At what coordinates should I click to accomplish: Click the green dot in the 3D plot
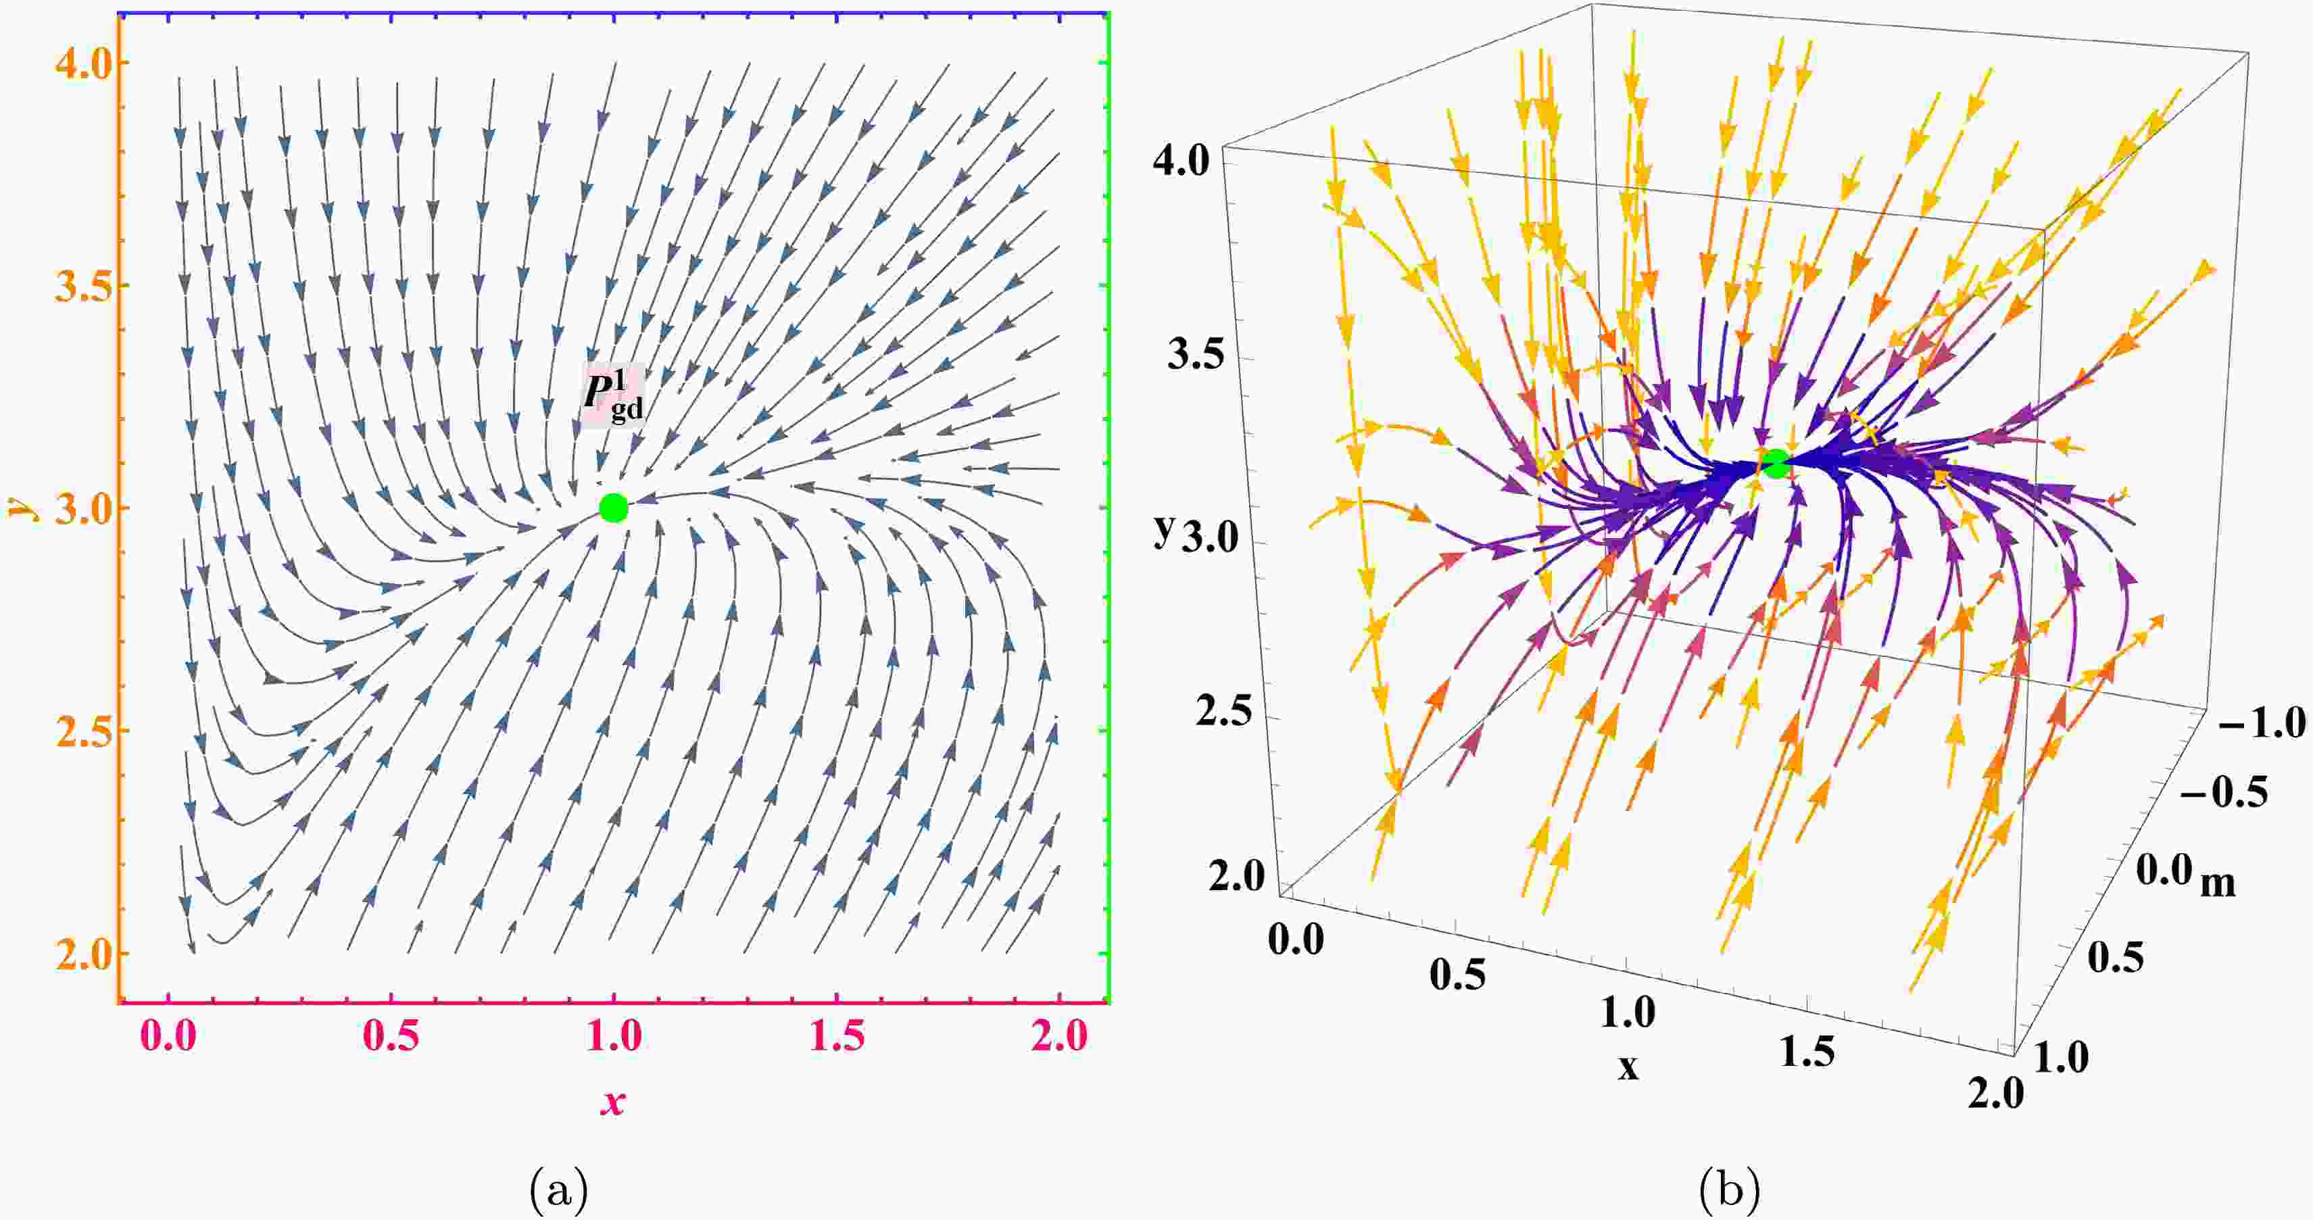click(x=1775, y=463)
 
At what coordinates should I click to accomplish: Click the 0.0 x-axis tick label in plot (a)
click(x=170, y=1036)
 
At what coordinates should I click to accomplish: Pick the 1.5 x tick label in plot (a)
click(x=837, y=1036)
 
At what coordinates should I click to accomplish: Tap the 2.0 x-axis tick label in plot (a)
click(x=1060, y=1036)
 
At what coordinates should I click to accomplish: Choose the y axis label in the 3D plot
click(x=1164, y=531)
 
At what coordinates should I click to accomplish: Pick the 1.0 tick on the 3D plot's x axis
click(x=1628, y=1014)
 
